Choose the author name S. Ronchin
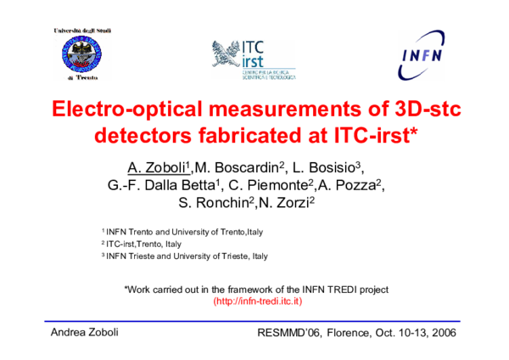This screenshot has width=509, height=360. pos(211,203)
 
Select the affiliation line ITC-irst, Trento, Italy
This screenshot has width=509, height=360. pos(141,244)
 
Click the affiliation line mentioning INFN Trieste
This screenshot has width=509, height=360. pos(184,256)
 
